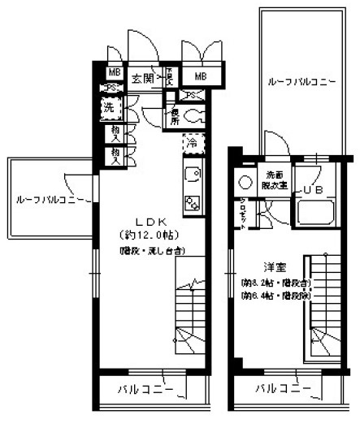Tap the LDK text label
(x=152, y=221)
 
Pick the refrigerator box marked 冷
(x=192, y=143)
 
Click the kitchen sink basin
(x=192, y=174)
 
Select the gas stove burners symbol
(x=192, y=203)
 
